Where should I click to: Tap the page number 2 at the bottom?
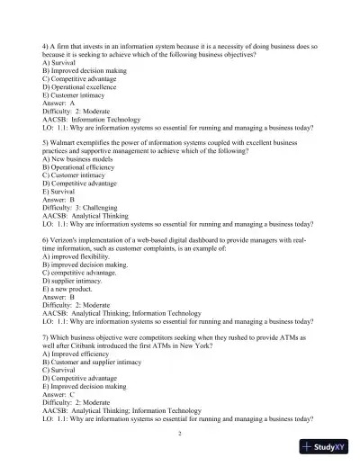click(x=180, y=435)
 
